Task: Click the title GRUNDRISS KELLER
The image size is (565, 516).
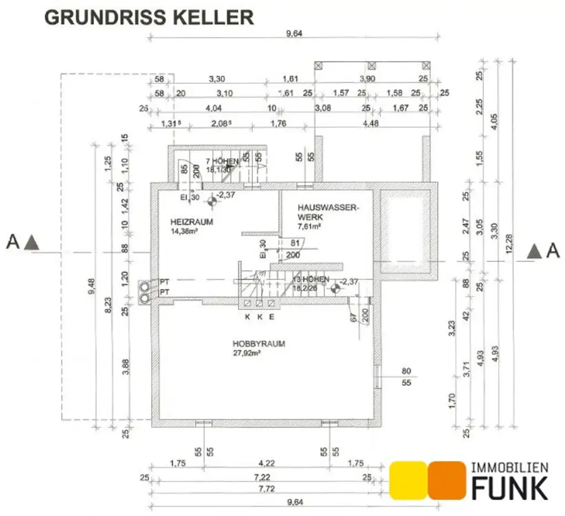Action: pos(149,17)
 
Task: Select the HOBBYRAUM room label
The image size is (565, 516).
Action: pos(259,344)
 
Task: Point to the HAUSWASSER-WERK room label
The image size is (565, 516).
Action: pos(328,212)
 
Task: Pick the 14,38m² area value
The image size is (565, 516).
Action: pos(184,231)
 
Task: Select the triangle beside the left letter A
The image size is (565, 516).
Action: pos(33,241)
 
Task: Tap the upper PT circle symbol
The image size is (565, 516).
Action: pos(145,286)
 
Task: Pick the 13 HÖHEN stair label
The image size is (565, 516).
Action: pos(311,280)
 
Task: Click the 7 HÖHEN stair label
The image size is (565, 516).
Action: pos(222,161)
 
